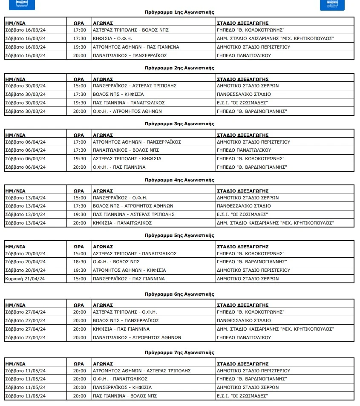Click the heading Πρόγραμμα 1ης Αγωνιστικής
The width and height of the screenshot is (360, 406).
click(x=179, y=12)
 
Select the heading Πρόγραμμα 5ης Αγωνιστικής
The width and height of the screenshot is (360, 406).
click(x=179, y=235)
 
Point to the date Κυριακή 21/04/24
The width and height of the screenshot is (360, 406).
click(x=25, y=279)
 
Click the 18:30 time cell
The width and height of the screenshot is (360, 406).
click(x=80, y=262)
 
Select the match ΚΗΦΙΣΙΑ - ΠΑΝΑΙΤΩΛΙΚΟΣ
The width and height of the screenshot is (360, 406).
click(x=122, y=223)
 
